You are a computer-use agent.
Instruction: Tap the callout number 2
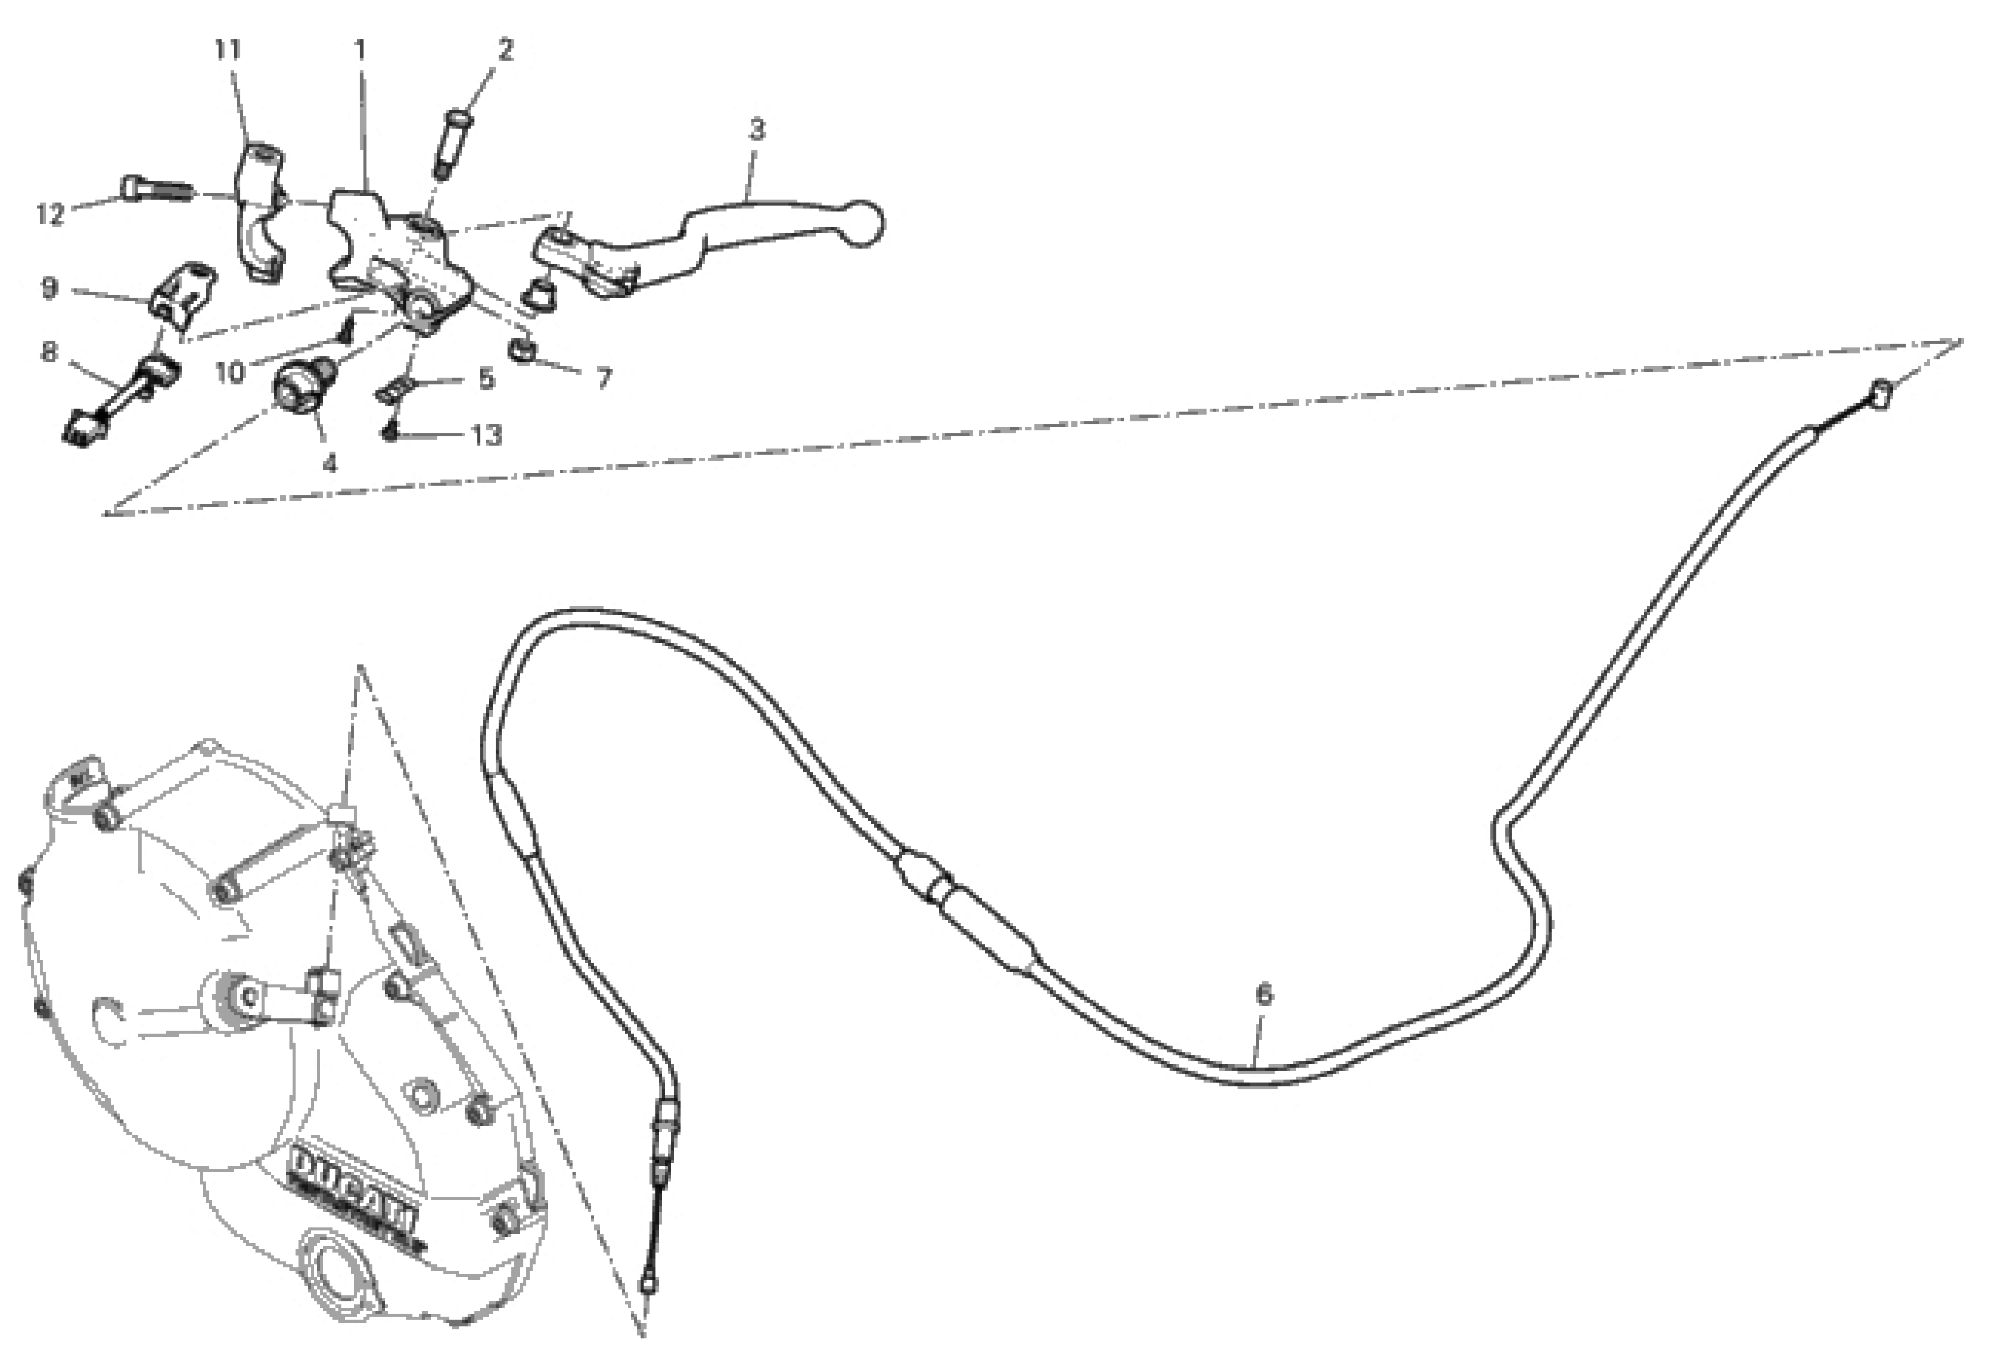[506, 50]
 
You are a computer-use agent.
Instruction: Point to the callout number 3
[755, 130]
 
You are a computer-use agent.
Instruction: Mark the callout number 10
[230, 372]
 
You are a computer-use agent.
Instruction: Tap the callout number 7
[604, 378]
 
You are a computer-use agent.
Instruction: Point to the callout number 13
[487, 435]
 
